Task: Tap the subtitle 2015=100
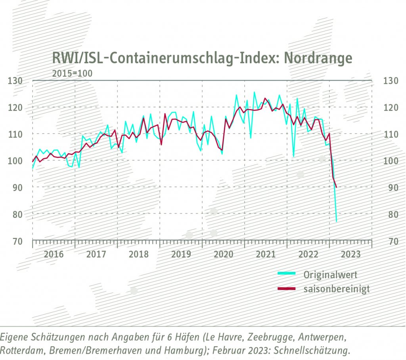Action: pos(72,73)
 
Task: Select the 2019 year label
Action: pos(181,254)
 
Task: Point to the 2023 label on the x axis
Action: pos(350,254)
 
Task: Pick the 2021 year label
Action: pos(266,254)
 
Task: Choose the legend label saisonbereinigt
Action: pos(336,289)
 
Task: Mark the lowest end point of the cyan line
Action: pos(337,221)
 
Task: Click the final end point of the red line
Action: pos(337,187)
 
